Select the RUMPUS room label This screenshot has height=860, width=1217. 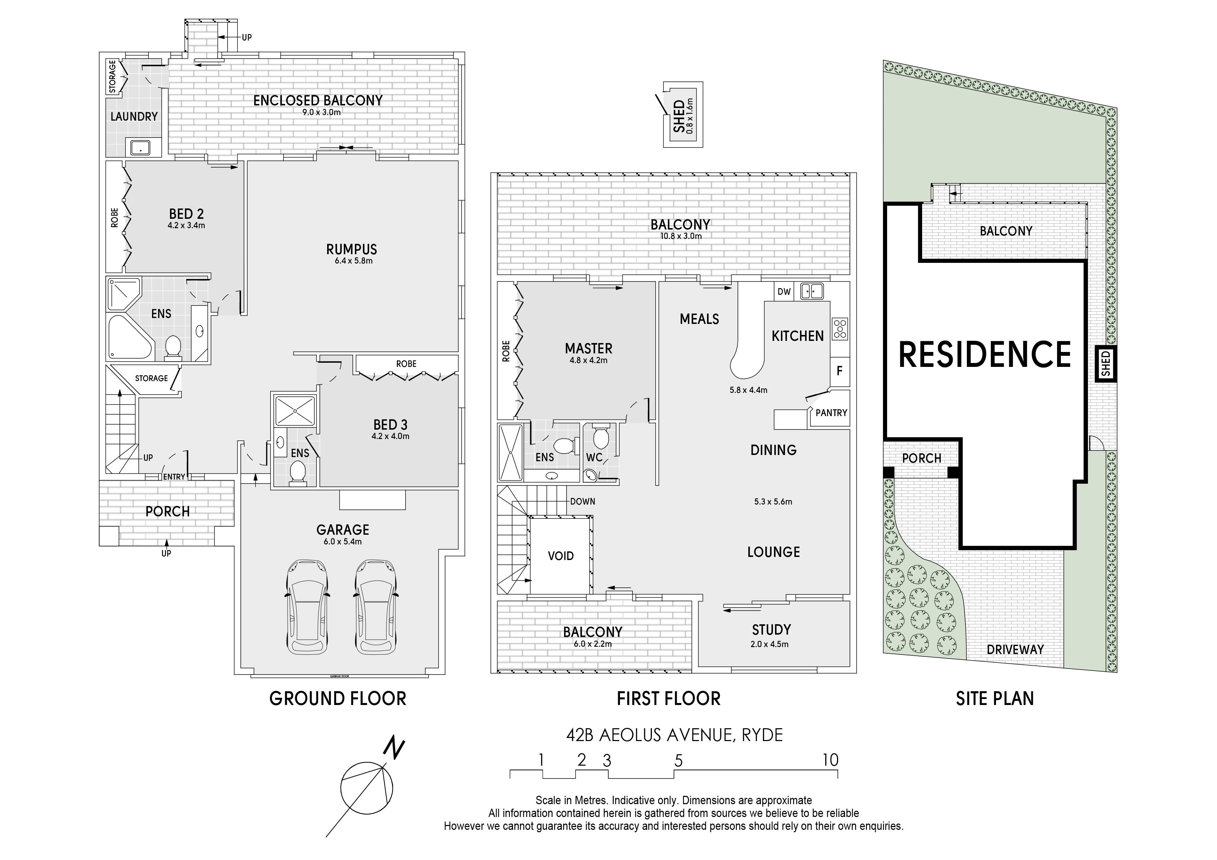(351, 249)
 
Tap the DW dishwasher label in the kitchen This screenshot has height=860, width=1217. (784, 291)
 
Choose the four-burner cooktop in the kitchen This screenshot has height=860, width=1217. (840, 328)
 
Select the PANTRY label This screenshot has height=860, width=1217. (831, 413)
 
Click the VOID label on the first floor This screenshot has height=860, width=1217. (561, 556)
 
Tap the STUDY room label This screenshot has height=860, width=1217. (771, 629)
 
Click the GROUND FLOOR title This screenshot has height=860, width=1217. (338, 698)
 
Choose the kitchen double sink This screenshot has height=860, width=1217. (811, 291)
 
